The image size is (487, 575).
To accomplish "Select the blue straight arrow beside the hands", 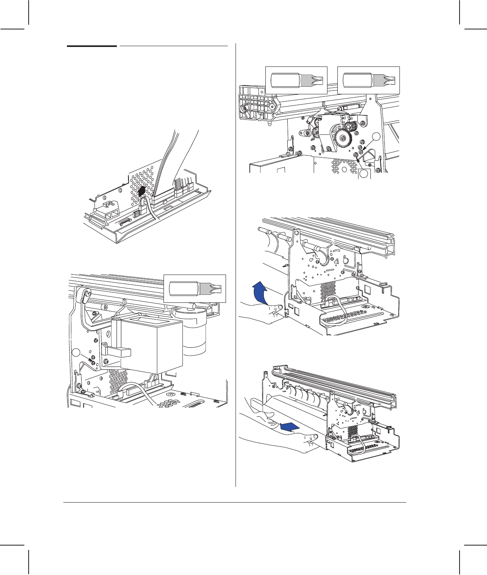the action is [x=289, y=427].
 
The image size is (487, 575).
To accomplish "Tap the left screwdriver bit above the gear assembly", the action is [x=296, y=80].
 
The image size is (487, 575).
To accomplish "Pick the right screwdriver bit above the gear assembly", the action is [x=369, y=80].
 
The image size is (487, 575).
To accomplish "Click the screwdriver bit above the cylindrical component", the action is [x=195, y=288].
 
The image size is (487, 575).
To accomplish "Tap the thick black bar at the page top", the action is [x=92, y=46].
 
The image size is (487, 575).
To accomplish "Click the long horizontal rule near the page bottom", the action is [x=235, y=503].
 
